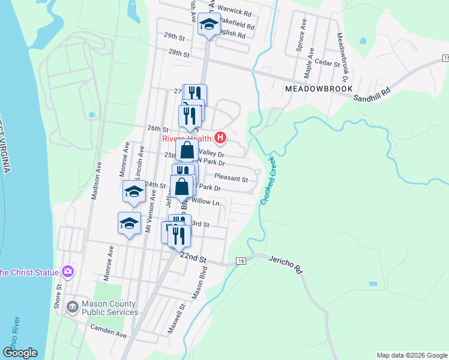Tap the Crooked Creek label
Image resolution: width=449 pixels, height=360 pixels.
tap(268, 181)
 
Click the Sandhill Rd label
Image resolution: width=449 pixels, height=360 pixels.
tap(372, 93)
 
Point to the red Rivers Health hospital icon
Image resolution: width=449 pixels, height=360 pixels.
tap(220, 139)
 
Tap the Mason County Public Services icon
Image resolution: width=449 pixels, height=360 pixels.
tap(73, 307)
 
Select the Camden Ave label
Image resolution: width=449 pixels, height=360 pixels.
tap(109, 329)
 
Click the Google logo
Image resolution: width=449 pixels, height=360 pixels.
tap(20, 353)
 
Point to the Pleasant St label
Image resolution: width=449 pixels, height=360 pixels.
tap(231, 179)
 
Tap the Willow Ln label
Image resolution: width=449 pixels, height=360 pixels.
tap(206, 202)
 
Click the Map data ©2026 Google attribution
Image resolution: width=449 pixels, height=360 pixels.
tap(411, 355)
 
